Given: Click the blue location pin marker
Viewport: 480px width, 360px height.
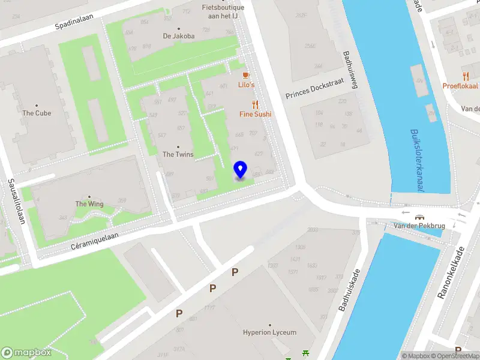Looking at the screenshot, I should click(240, 170).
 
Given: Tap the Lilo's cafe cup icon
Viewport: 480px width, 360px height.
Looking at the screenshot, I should click(245, 75).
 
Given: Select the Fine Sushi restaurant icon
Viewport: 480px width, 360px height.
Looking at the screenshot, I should click(255, 104).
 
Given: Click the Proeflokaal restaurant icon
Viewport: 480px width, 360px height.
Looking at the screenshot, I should click(466, 76).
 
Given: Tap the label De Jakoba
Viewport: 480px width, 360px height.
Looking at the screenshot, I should click(179, 36).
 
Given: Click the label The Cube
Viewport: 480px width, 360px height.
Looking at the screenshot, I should click(37, 113).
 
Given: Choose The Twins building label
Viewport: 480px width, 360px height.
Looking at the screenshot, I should click(178, 154).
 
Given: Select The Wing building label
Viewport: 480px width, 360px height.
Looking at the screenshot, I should click(89, 204).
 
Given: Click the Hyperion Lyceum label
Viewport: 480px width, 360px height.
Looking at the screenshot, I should click(269, 332).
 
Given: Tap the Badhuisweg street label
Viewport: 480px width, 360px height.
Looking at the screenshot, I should click(349, 69).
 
